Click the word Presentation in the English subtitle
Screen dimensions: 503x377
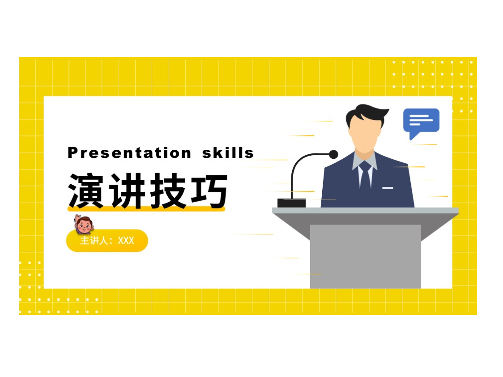[129, 153]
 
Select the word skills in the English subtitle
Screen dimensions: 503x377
[228, 152]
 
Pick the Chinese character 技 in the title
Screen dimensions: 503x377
[168, 191]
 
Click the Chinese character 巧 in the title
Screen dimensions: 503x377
[209, 191]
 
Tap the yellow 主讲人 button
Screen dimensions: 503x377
[107, 241]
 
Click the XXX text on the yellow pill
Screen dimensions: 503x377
[126, 241]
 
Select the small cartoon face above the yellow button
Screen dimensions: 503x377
[84, 224]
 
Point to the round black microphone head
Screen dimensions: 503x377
[334, 155]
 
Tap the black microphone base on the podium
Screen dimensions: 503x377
[291, 203]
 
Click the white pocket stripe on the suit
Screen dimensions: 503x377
[388, 188]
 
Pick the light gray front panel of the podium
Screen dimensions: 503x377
[365, 256]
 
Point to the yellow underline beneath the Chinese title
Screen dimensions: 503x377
[146, 209]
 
